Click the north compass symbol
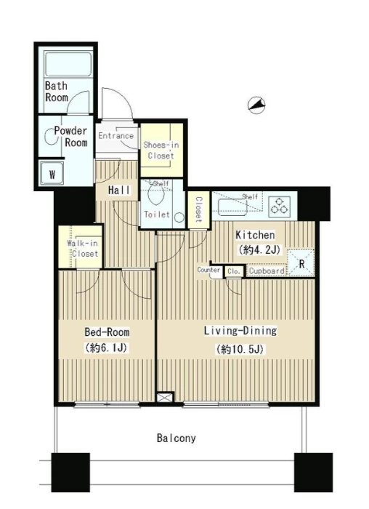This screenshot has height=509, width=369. (256, 105)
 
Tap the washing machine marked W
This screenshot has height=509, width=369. (52, 174)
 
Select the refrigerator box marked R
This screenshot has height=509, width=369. (301, 263)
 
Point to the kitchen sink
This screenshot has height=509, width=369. (233, 207)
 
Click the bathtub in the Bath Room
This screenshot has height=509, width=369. (68, 64)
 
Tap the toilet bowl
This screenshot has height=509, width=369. (155, 194)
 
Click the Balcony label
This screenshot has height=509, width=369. (176, 438)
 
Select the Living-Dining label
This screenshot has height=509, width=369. (240, 330)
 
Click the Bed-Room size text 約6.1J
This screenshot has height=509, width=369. (106, 348)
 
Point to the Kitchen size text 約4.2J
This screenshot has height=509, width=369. (259, 250)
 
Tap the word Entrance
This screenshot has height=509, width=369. (115, 136)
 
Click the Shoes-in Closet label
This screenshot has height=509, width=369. (161, 150)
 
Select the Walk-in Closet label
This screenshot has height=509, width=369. (83, 249)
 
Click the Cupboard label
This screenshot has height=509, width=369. (267, 270)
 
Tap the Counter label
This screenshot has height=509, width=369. (208, 270)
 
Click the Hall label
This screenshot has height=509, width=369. (119, 191)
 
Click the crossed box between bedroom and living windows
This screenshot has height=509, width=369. (166, 398)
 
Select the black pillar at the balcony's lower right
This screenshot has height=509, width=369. (313, 473)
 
